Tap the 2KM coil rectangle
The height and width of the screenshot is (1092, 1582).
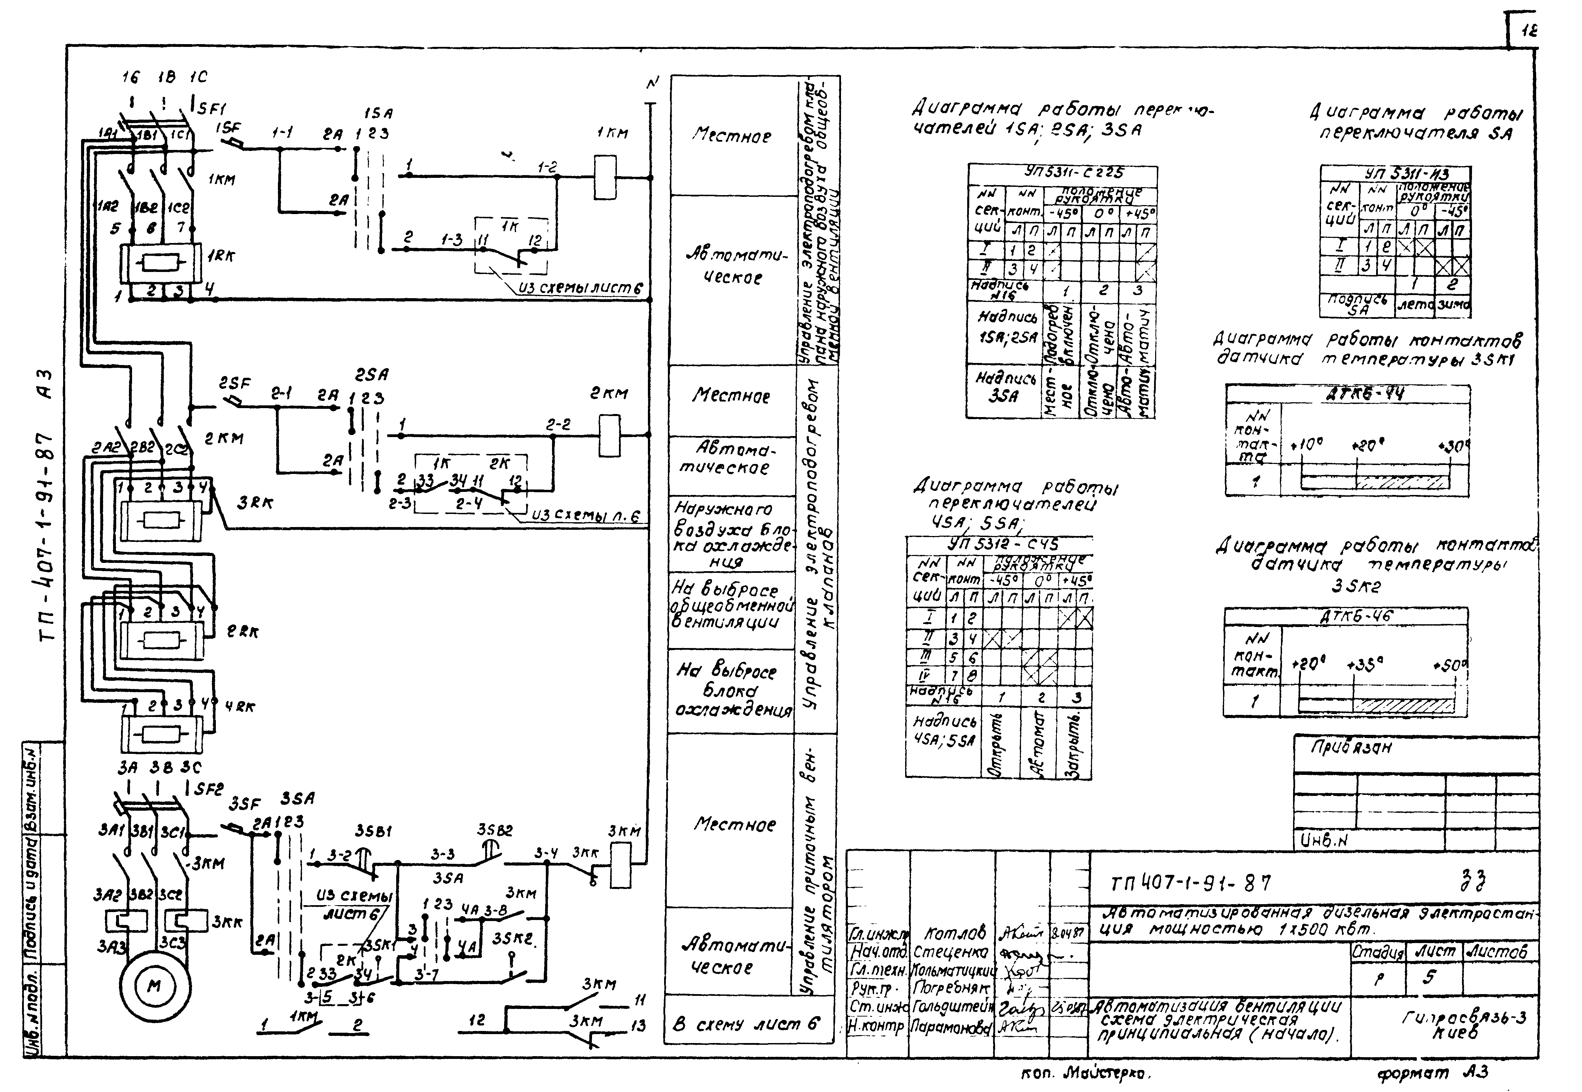[609, 435]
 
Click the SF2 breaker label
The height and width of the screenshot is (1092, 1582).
[209, 789]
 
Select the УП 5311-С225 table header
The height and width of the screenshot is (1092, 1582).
[1074, 172]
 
